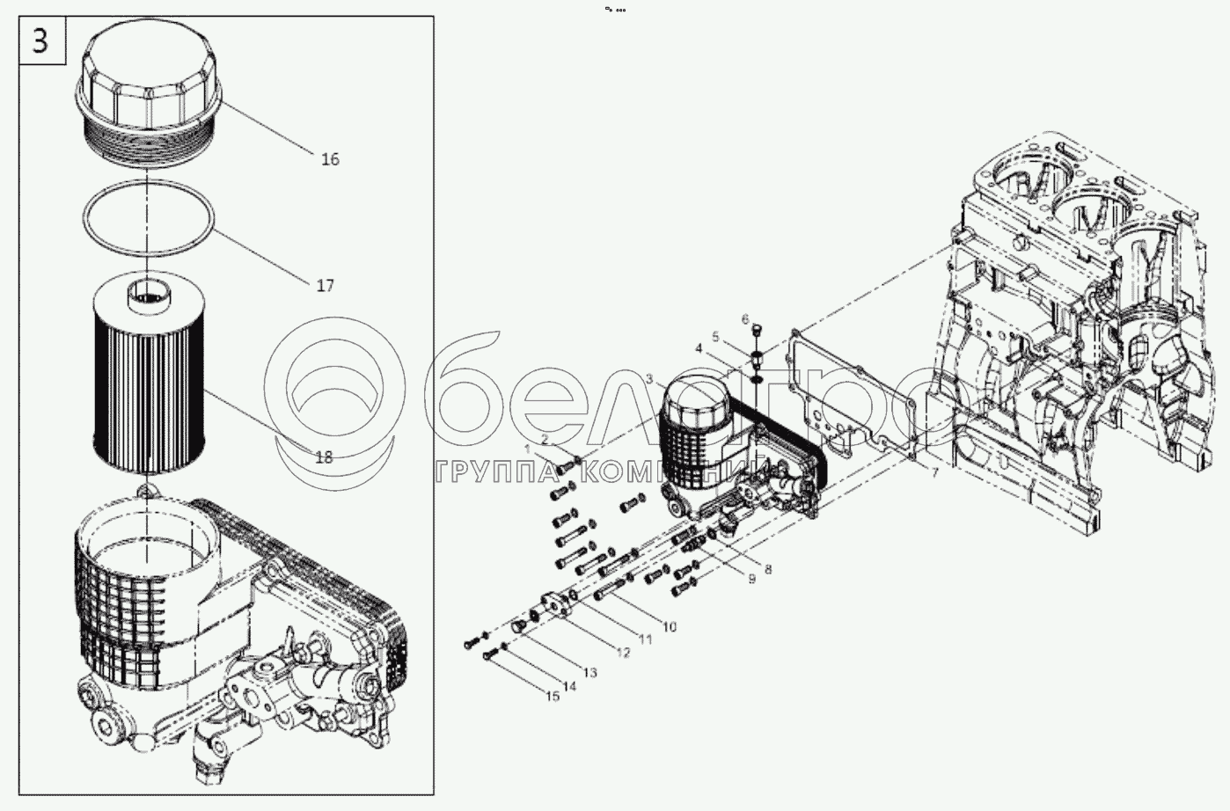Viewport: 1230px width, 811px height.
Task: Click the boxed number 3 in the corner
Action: point(40,41)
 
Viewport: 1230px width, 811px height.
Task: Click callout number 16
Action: point(330,159)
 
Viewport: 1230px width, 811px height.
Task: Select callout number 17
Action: point(326,286)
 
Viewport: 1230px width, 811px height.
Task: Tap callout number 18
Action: point(324,457)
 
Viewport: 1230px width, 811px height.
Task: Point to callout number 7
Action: point(935,473)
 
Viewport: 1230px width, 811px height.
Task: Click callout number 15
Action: point(553,697)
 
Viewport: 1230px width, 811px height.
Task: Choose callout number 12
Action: point(623,653)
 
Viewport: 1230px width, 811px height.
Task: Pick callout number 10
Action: point(670,626)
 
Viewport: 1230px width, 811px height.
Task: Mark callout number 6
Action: point(744,318)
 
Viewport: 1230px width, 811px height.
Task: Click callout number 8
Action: point(768,569)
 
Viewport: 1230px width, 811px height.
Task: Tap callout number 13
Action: point(589,672)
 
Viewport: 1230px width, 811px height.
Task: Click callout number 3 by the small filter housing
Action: point(649,379)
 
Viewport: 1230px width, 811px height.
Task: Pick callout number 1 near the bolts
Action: point(527,449)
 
